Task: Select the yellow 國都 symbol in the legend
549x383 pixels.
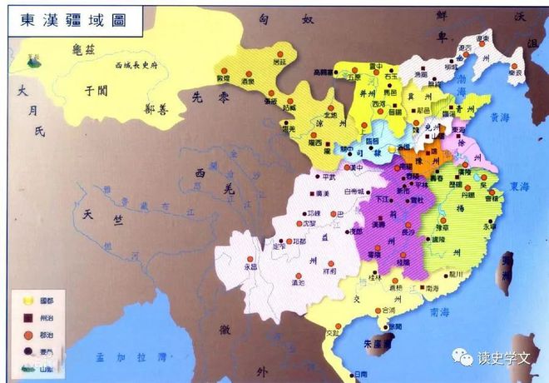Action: pos(27,300)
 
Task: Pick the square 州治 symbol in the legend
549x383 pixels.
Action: pos(27,316)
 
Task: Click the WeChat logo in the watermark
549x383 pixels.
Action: pos(462,356)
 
